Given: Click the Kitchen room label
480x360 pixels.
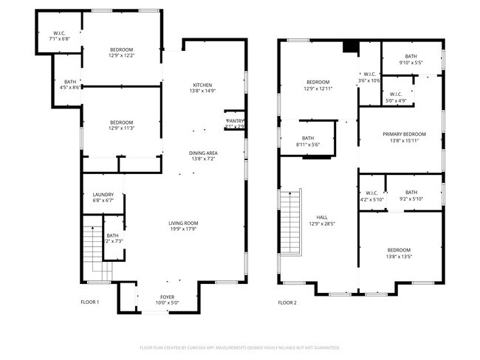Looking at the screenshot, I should [203, 85].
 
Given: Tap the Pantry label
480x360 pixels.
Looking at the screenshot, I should [235, 121].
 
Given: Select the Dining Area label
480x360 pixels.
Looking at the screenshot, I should [203, 153].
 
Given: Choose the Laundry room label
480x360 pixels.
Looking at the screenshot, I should [103, 195].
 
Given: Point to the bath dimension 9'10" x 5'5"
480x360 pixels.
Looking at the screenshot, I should [411, 63].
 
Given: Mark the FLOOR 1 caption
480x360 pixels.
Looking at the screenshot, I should [89, 302].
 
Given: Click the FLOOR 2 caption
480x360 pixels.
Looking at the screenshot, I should [287, 302].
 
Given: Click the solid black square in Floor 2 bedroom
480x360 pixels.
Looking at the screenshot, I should [351, 46].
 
